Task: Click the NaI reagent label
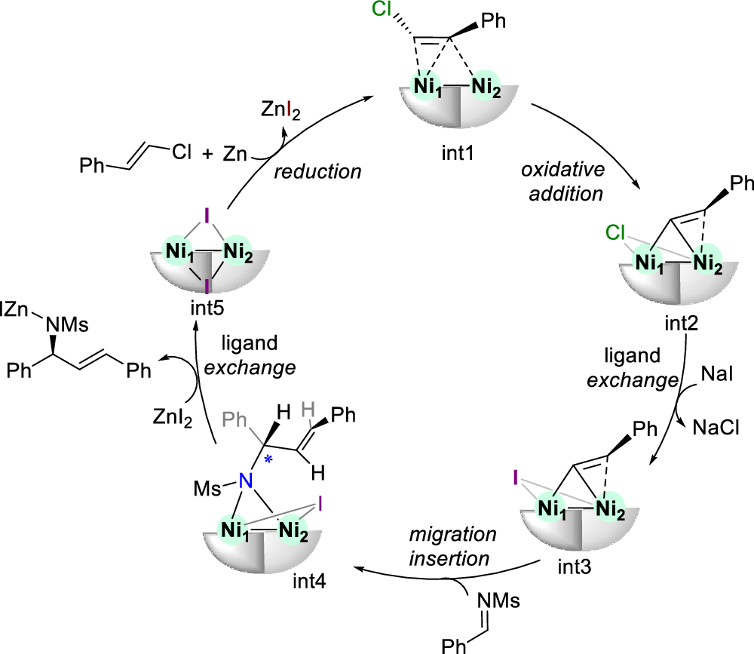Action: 716,373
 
